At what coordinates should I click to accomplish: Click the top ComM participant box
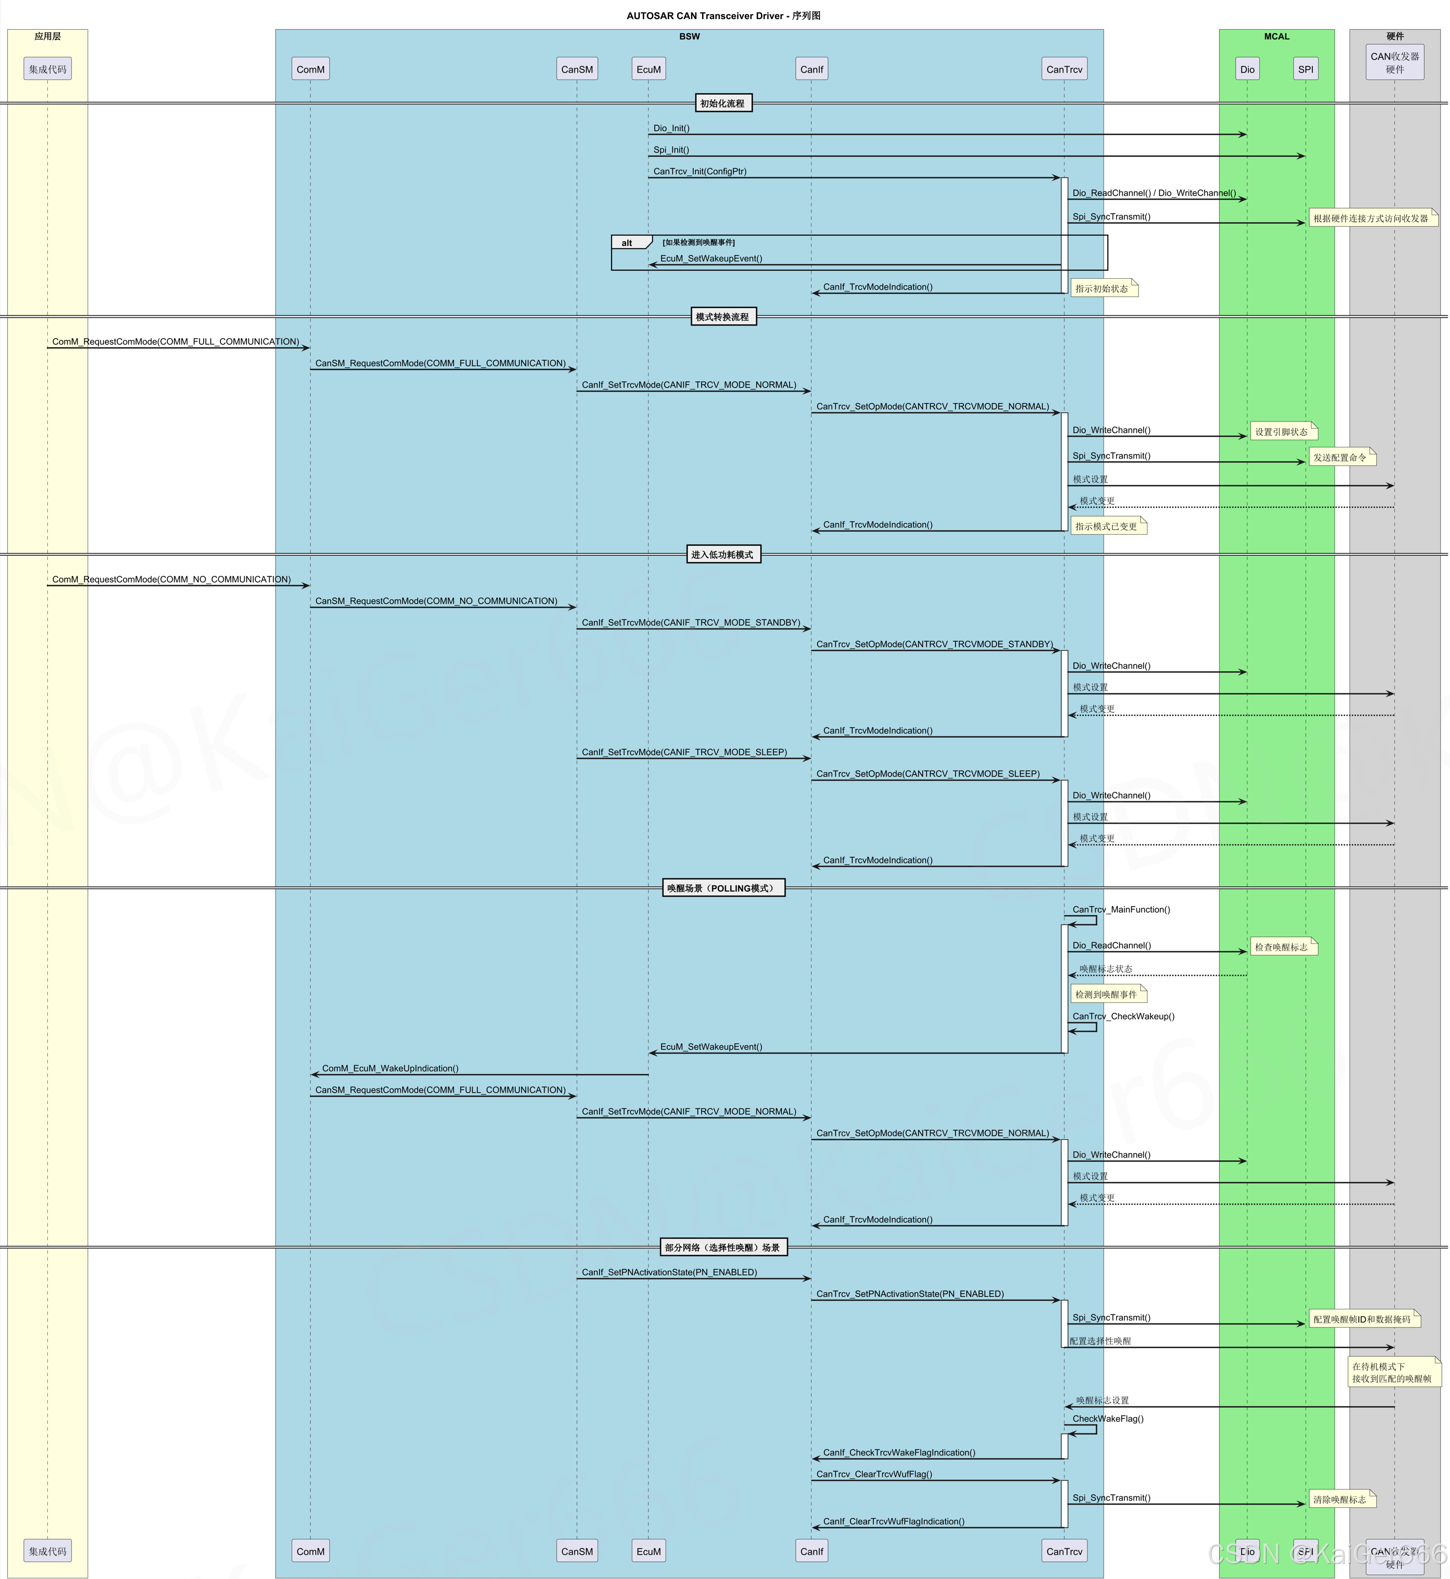[x=310, y=69]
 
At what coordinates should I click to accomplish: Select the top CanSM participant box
[x=577, y=69]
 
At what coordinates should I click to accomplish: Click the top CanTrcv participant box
[x=1064, y=69]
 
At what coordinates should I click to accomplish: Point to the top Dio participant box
[x=1247, y=69]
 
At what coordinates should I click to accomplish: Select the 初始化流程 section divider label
[x=722, y=103]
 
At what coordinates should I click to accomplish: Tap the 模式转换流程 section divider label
[x=722, y=317]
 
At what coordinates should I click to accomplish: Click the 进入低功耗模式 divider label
[x=722, y=554]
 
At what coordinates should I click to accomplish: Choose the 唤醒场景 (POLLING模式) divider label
[x=722, y=888]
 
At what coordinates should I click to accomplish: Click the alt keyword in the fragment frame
[x=627, y=243]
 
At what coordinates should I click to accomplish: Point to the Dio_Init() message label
[x=671, y=128]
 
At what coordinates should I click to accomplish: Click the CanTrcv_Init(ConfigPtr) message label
[x=700, y=171]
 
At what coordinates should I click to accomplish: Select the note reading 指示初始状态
[x=1103, y=289]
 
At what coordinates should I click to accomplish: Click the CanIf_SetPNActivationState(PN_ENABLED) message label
[x=670, y=1272]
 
